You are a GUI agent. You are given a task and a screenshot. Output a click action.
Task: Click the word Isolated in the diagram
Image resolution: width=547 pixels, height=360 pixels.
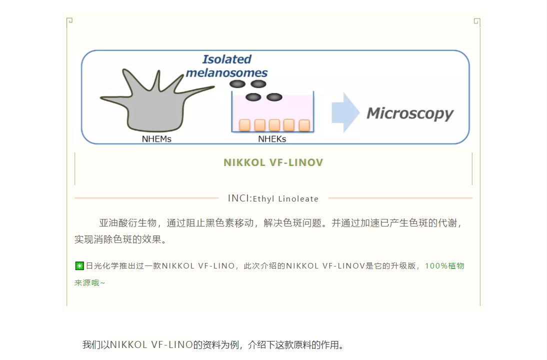tap(227, 59)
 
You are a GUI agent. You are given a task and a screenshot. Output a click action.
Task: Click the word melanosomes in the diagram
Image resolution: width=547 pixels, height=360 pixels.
tap(226, 73)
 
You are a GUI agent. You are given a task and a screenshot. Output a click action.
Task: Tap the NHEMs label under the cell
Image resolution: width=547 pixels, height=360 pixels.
tap(156, 139)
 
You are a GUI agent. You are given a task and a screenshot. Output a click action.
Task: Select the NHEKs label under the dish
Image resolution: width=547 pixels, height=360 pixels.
tap(272, 139)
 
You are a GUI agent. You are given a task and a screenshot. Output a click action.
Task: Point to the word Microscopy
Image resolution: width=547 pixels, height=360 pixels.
tap(410, 113)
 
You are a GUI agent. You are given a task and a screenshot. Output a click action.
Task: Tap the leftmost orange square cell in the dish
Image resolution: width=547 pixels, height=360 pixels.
tap(245, 125)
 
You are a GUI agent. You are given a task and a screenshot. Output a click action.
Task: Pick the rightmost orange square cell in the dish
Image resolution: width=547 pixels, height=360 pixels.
tap(304, 125)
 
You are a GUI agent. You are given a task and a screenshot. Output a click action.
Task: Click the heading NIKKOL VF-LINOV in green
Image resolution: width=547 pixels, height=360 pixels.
tap(273, 162)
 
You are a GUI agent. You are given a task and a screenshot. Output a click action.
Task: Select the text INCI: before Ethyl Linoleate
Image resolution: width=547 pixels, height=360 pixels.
tap(239, 198)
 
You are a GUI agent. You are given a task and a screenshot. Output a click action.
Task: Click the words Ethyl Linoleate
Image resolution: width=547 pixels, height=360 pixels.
tap(285, 198)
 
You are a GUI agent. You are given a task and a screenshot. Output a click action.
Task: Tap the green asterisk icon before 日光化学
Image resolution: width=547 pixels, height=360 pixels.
tap(79, 266)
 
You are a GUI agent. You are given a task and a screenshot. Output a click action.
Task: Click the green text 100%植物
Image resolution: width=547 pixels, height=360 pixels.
tap(444, 265)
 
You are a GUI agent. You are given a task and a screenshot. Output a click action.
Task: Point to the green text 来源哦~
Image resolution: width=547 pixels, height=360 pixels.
tap(90, 282)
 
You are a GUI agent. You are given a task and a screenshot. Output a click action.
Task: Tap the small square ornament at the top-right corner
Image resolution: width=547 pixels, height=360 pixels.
tap(476, 21)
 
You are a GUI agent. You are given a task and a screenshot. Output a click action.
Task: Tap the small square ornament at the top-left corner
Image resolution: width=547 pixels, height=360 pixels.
tap(70, 20)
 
